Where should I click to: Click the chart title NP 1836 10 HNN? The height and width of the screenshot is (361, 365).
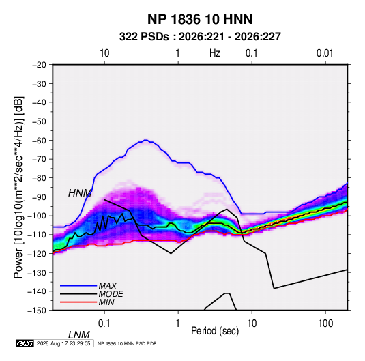click(200, 19)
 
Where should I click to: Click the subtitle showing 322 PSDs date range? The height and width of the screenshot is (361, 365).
click(200, 37)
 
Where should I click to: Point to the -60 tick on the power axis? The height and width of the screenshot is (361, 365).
click(39, 140)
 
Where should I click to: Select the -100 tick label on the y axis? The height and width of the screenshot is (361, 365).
click(37, 216)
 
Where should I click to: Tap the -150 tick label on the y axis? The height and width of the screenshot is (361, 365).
click(37, 311)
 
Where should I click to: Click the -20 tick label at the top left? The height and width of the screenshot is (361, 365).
click(39, 65)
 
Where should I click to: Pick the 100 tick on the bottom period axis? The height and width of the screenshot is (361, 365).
click(325, 323)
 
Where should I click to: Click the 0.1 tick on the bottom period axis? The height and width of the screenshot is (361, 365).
click(104, 323)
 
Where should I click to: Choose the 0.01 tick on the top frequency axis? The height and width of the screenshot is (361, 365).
click(325, 53)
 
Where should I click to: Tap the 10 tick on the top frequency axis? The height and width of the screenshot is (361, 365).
click(104, 53)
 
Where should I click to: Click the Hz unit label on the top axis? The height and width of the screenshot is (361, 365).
click(215, 53)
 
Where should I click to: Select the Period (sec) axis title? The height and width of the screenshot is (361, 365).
click(215, 331)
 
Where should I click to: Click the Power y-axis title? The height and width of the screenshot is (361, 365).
click(18, 187)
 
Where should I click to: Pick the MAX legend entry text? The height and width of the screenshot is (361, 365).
click(108, 285)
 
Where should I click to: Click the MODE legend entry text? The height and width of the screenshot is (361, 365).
click(111, 294)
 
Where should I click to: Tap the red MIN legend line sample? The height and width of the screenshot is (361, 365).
click(78, 302)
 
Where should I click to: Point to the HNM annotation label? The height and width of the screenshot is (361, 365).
click(80, 193)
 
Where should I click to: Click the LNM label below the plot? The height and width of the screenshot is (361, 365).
click(78, 335)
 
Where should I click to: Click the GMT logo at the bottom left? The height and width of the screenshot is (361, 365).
click(25, 343)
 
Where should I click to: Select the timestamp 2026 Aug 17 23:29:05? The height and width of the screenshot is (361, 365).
click(63, 343)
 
